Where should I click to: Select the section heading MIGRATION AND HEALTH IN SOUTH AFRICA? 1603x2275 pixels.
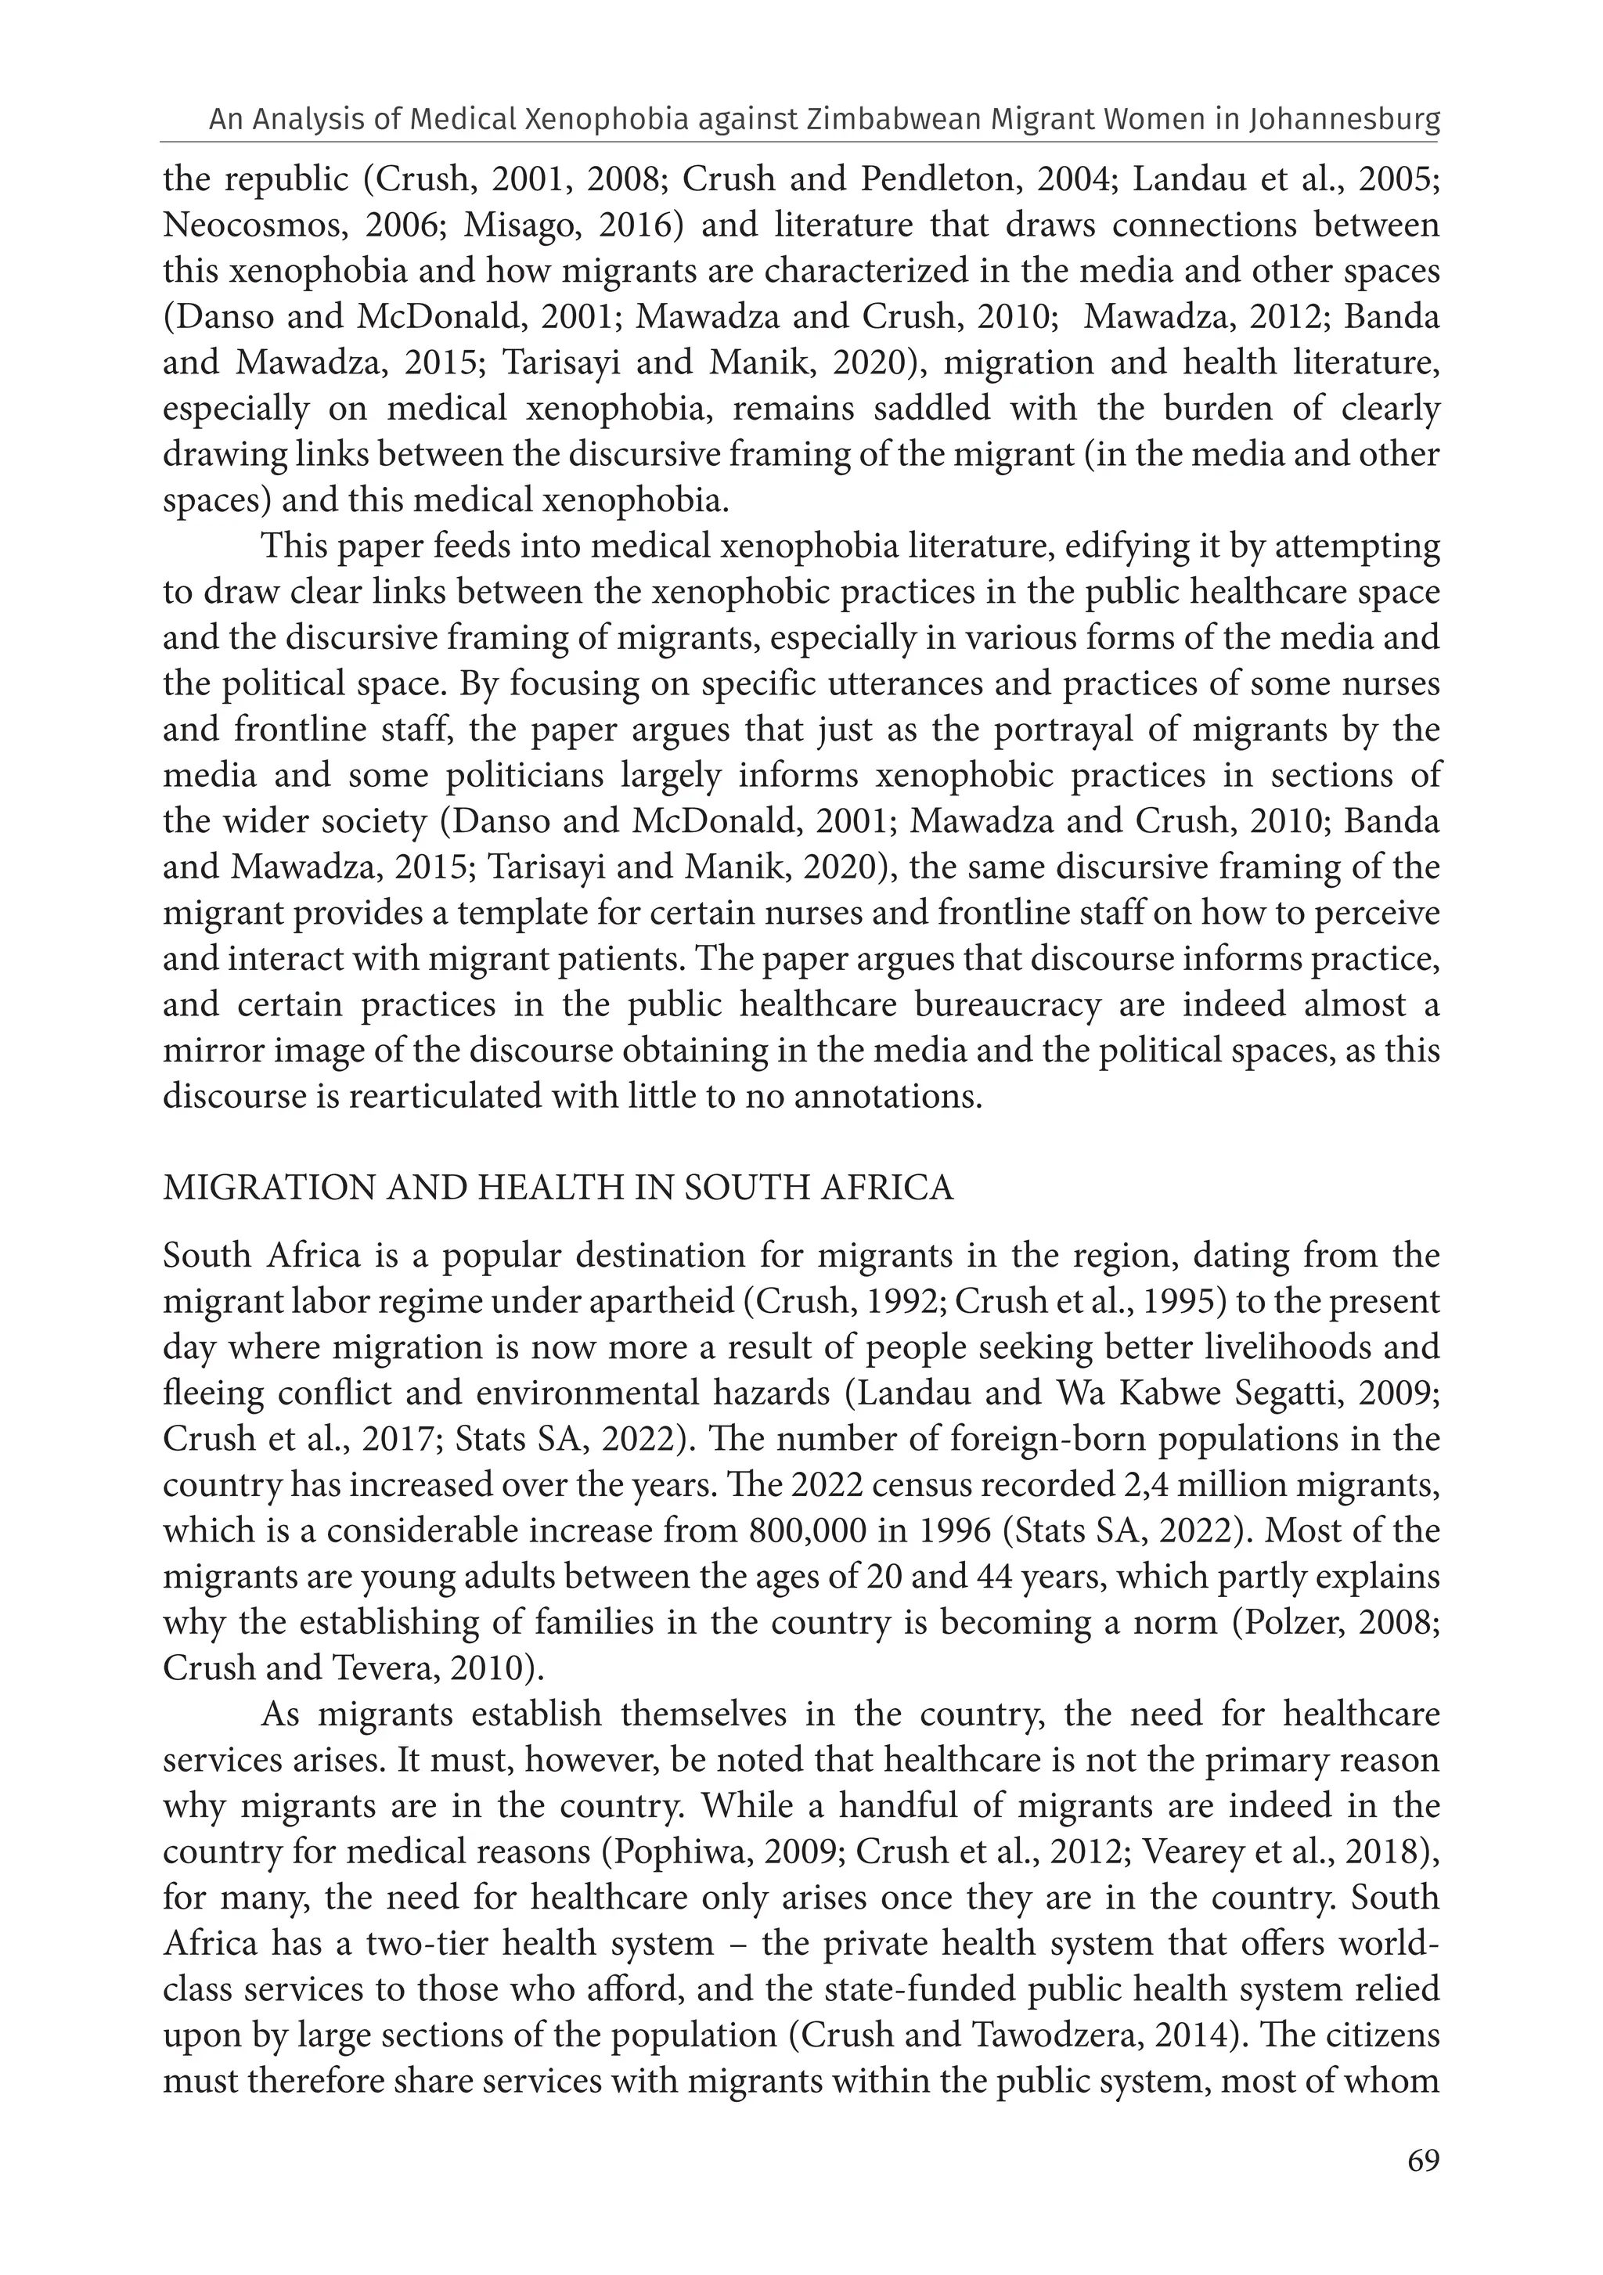pyautogui.click(x=558, y=1187)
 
